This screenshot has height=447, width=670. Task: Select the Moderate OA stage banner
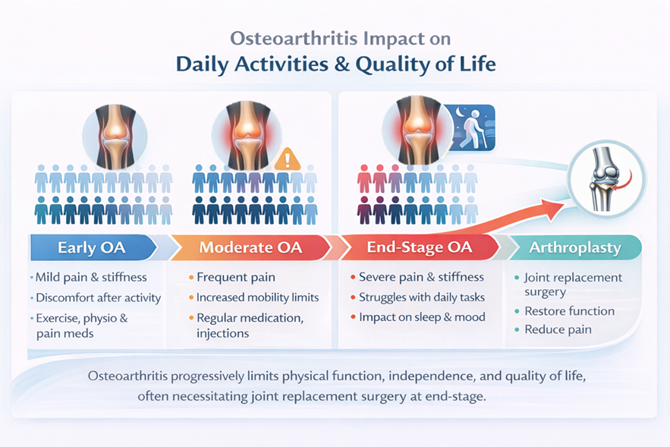251,248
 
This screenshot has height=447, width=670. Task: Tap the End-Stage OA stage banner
420,247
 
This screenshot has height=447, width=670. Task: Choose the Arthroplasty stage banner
574,247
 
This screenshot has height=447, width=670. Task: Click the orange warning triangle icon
287,159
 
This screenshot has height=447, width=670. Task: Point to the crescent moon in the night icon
460,112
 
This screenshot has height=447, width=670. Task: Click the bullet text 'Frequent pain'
236,277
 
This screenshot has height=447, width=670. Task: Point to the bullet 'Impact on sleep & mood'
422,317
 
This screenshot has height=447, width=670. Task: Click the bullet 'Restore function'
570,311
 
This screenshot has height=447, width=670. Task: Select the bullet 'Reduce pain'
558,330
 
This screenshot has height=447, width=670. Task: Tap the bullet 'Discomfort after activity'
99,297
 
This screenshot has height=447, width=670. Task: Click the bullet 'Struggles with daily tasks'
422,297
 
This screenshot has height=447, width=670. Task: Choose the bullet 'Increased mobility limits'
258,297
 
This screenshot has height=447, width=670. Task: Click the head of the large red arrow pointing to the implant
553,207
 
